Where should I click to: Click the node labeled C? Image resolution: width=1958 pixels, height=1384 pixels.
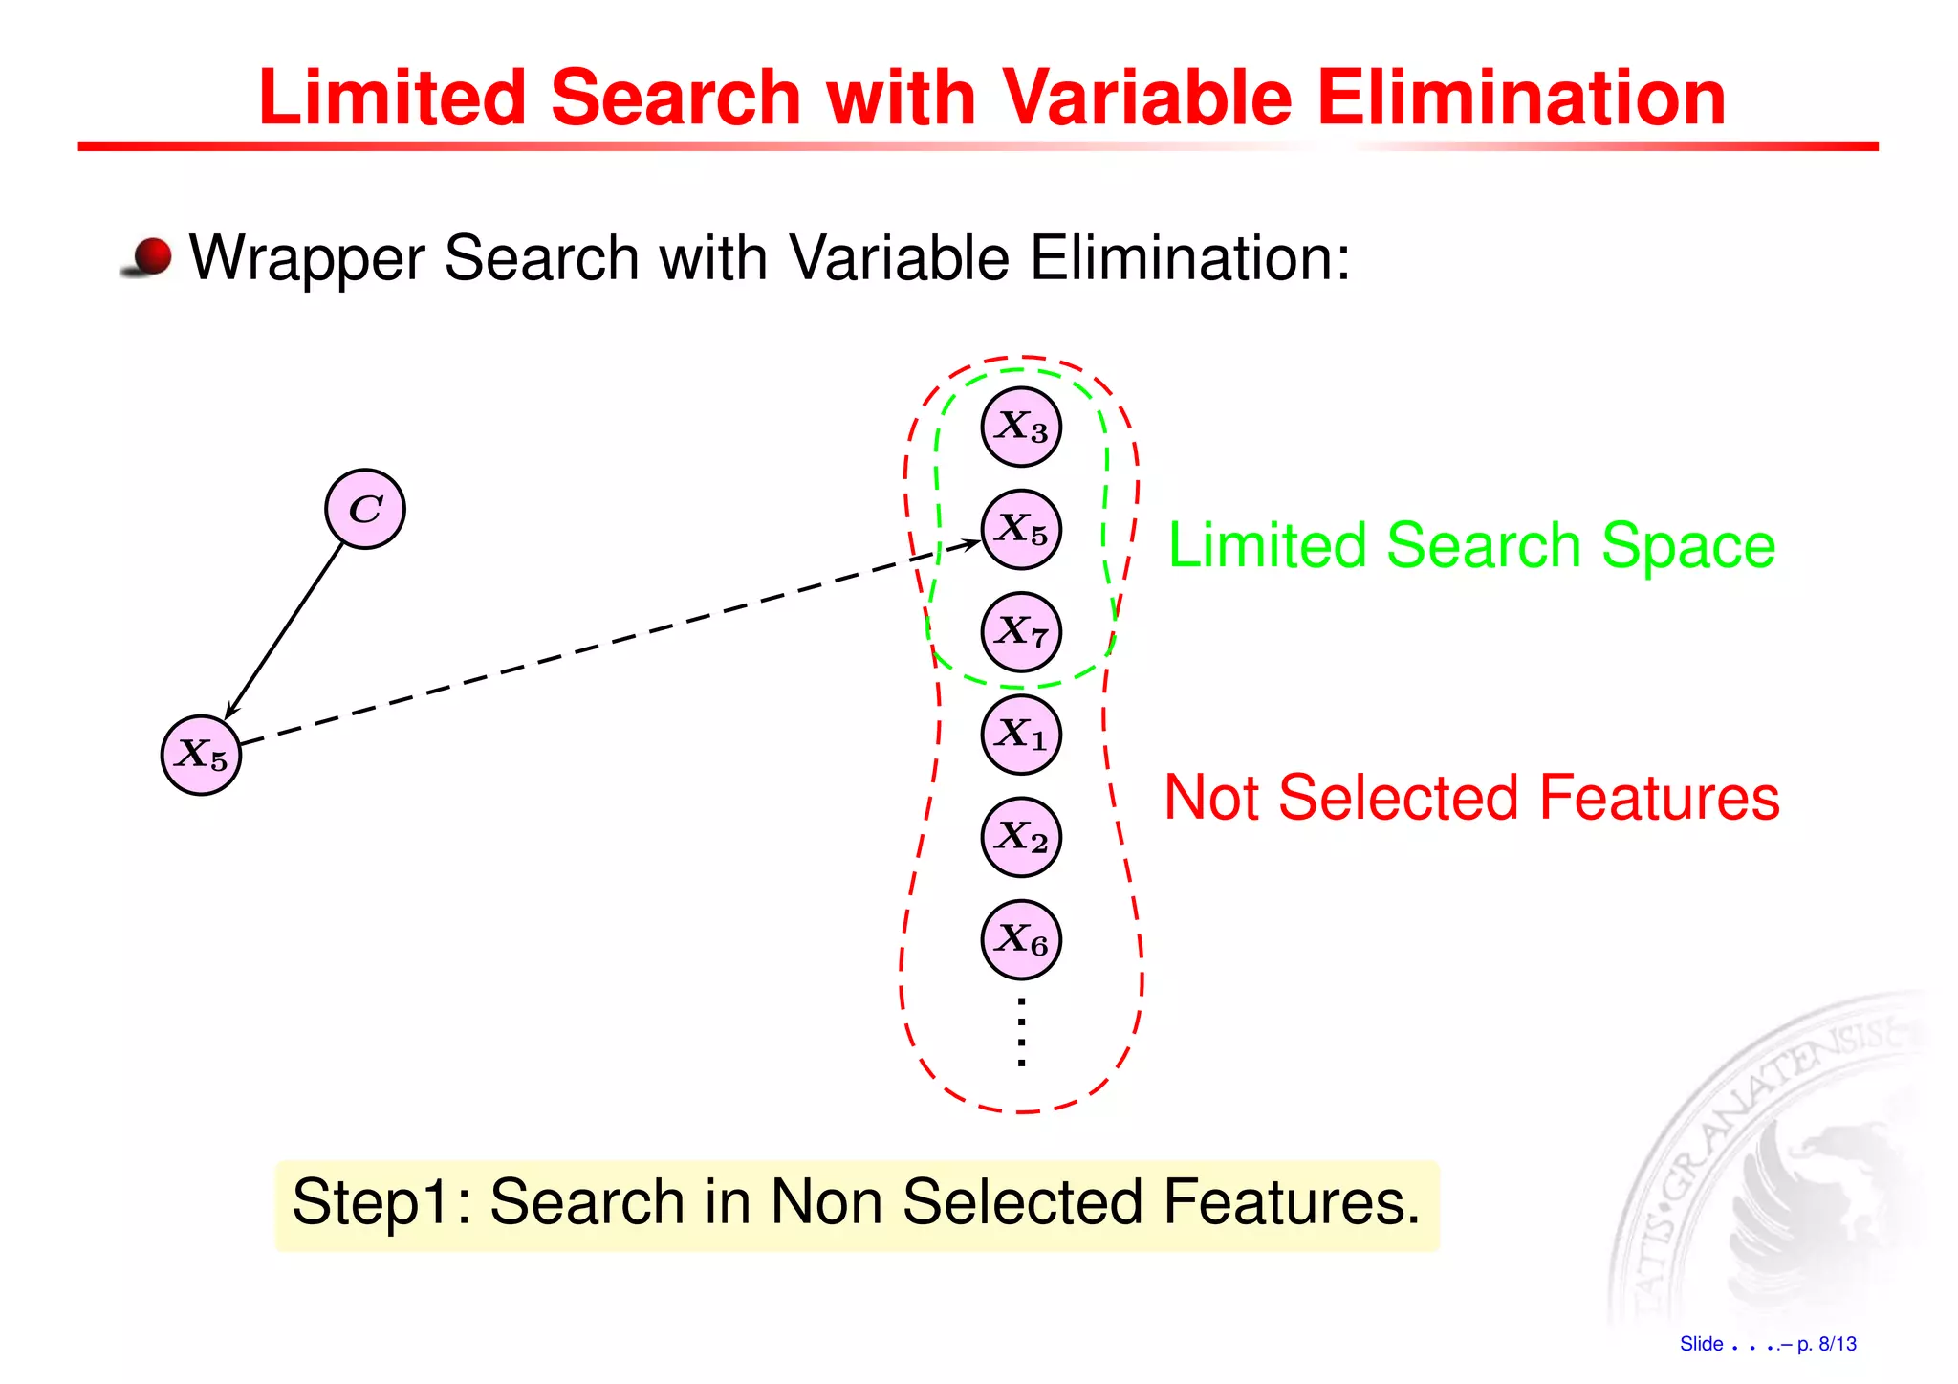tap(364, 509)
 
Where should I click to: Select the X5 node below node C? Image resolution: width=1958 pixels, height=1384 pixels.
tap(201, 755)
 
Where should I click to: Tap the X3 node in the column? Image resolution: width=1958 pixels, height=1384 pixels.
tap(1021, 427)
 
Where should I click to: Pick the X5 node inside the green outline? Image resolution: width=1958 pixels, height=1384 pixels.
tap(1021, 529)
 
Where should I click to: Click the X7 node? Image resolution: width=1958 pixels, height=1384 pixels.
tap(1021, 631)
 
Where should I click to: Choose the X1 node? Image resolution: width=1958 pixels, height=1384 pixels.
tap(1021, 735)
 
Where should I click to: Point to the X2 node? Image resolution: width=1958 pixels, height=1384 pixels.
tap(1021, 837)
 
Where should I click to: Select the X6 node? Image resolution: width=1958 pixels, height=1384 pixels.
tap(1021, 939)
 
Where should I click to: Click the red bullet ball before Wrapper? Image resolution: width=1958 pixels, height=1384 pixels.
tap(151, 257)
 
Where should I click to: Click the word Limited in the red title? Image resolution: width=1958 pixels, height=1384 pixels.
tap(392, 98)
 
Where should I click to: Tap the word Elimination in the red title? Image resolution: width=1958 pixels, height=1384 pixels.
tap(1522, 98)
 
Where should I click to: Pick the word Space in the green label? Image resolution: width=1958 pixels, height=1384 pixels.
tap(1687, 546)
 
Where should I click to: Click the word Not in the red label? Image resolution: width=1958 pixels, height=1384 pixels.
tap(1212, 798)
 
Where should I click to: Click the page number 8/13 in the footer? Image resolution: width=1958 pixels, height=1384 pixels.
tap(1837, 1344)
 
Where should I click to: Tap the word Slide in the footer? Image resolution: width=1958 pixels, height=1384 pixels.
tap(1701, 1344)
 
